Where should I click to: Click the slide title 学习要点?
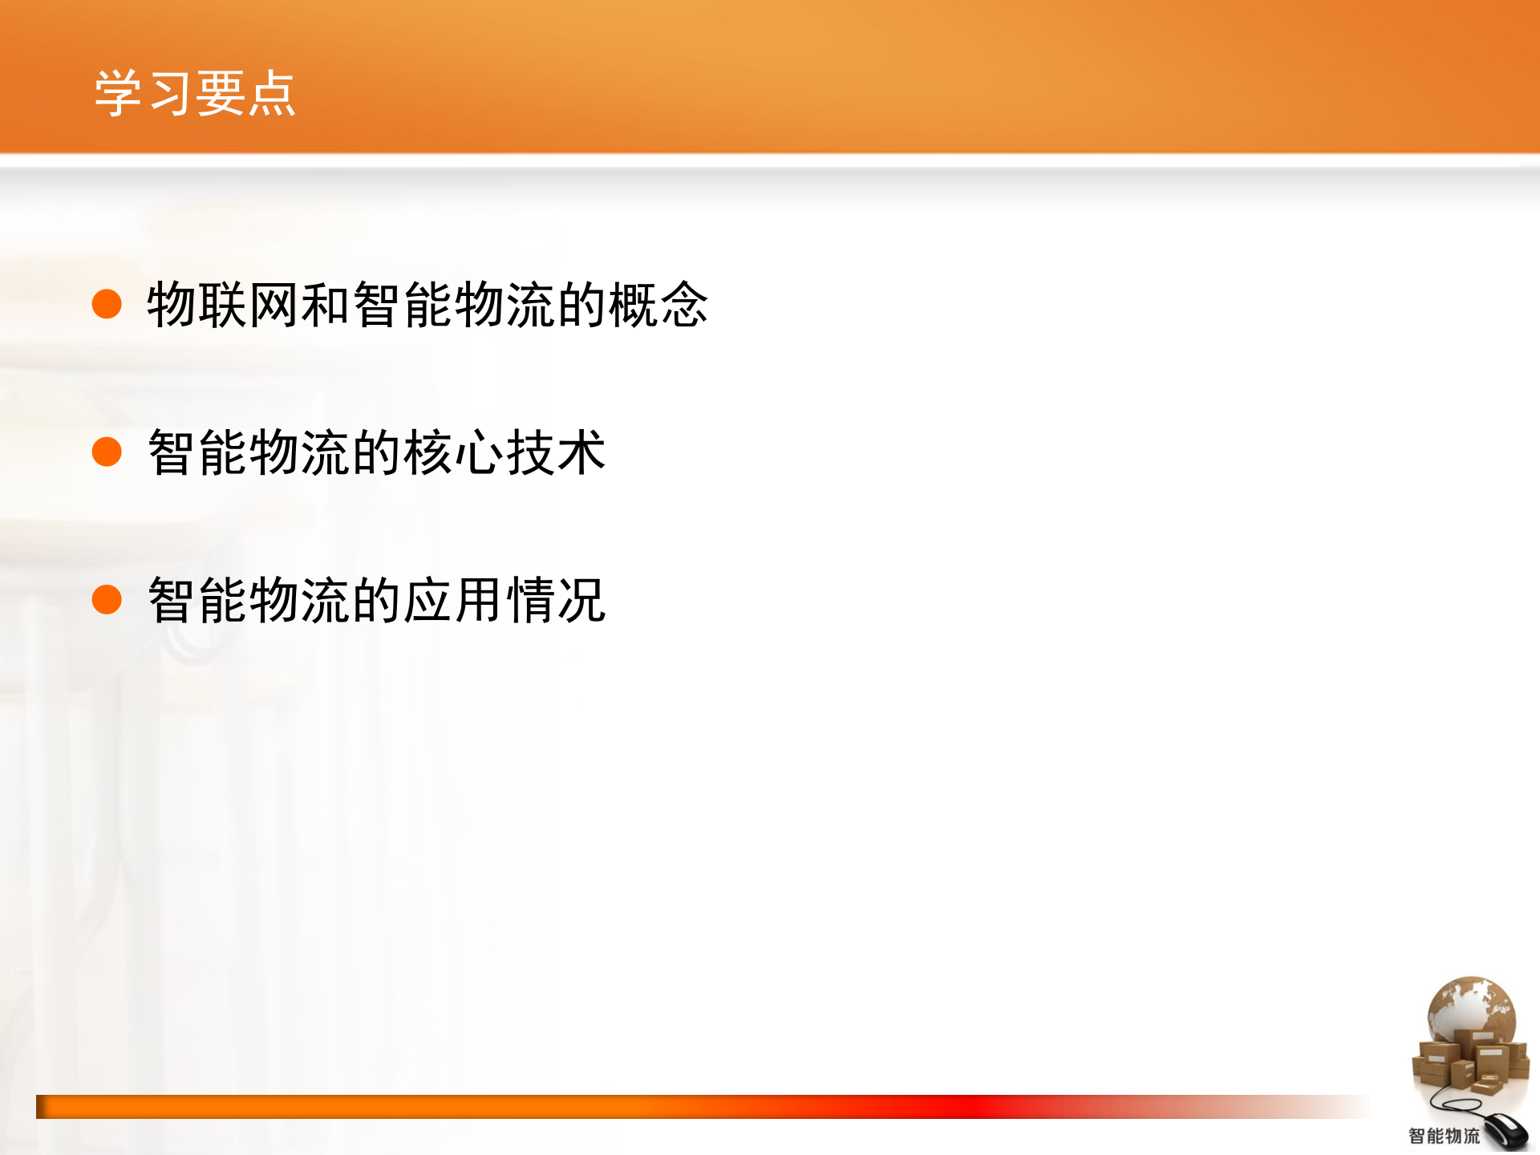pos(195,94)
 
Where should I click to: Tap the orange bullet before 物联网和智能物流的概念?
pos(107,305)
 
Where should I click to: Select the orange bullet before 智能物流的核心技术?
pos(107,452)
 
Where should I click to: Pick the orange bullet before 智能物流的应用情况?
pos(107,599)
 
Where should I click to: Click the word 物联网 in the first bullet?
pos(222,305)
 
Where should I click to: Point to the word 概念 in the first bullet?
pos(658,305)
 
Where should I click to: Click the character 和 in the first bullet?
pos(325,305)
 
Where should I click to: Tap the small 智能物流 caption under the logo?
pos(1444,1136)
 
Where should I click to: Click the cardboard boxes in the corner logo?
pos(1468,1063)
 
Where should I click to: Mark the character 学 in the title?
pos(120,94)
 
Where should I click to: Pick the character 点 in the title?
pos(271,94)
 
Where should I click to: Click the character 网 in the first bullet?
pos(274,305)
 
